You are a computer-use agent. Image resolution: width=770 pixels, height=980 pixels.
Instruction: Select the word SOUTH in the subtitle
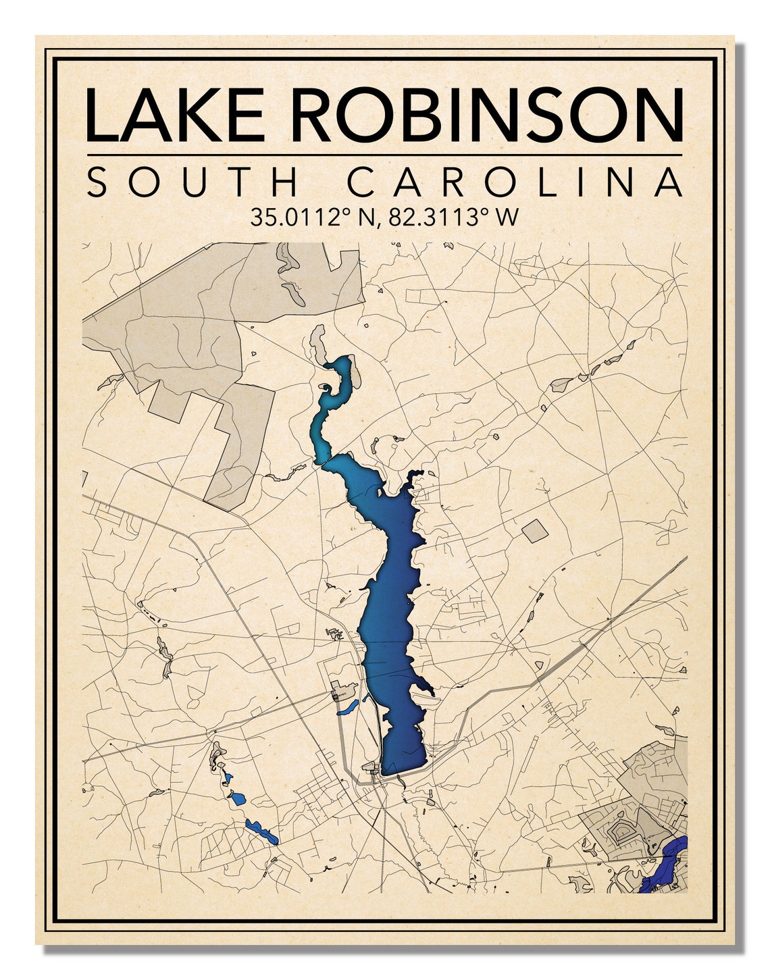click(x=193, y=182)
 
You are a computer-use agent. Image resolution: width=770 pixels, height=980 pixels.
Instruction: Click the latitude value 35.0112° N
click(x=311, y=217)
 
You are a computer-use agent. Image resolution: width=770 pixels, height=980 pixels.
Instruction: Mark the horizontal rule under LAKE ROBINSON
click(x=384, y=155)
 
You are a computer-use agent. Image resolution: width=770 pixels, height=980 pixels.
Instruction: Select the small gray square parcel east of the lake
click(x=534, y=531)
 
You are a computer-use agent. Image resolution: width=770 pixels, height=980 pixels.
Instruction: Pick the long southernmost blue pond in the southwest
click(x=261, y=831)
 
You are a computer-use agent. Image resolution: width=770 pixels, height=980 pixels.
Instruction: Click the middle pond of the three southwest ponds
click(x=237, y=798)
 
